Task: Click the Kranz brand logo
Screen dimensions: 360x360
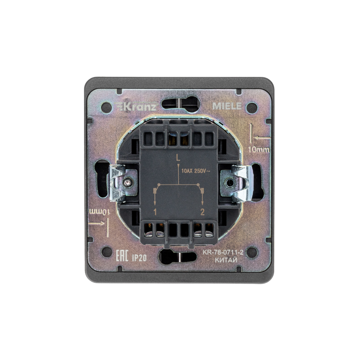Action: pos(136,107)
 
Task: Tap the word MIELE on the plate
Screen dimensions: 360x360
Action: pos(227,106)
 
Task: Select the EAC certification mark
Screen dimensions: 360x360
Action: pos(121,256)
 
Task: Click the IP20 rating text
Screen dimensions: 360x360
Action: pos(139,258)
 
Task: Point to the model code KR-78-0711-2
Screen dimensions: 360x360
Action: pos(223,252)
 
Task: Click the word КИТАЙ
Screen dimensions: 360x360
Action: pos(226,260)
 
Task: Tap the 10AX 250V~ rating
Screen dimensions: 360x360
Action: pos(196,171)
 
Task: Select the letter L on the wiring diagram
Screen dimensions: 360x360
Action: pos(178,158)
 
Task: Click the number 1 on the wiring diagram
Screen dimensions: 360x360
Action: pos(155,212)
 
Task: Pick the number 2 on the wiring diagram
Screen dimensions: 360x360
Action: pos(202,212)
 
